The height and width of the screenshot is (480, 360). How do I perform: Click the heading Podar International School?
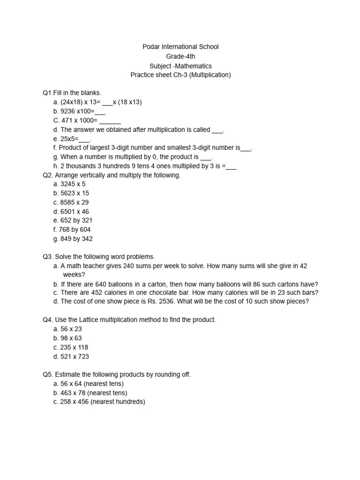180,47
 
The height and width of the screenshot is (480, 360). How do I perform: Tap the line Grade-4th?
180,56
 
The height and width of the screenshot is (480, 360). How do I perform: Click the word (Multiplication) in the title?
210,75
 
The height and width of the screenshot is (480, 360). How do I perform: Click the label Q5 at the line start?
47,375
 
